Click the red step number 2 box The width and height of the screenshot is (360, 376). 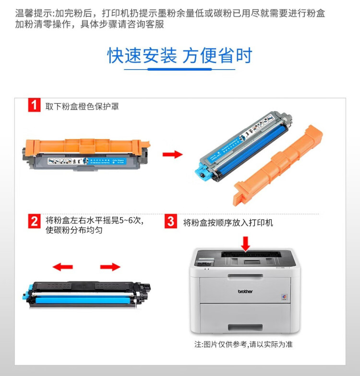(x=34, y=221)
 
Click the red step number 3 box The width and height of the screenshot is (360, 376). (x=170, y=221)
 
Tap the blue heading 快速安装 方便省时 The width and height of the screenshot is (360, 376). (x=180, y=56)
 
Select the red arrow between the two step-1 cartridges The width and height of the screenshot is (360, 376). (x=172, y=154)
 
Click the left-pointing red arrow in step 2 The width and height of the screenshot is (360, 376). (x=62, y=267)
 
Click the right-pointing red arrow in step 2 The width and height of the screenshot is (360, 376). (x=110, y=267)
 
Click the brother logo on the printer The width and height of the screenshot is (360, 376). (x=245, y=291)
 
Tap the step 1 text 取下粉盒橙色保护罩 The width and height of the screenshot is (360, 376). (x=82, y=106)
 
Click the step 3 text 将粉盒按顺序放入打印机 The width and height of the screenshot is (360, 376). (x=228, y=223)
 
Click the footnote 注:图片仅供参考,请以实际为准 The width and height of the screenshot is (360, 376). (x=243, y=344)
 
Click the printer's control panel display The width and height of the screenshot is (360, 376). (x=252, y=262)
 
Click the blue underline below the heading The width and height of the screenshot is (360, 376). (x=180, y=70)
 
